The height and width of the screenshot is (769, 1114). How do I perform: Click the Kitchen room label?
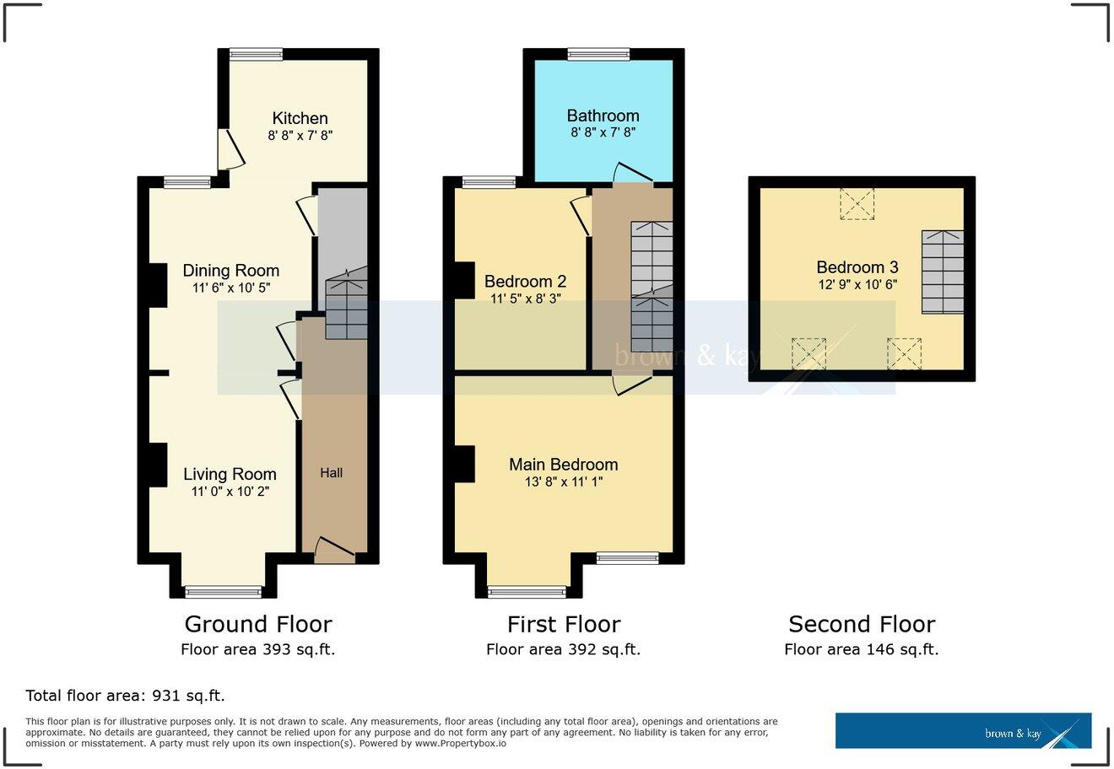300,118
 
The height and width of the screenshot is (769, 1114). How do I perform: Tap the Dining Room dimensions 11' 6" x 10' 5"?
231,288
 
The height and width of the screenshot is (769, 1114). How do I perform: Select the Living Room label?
230,474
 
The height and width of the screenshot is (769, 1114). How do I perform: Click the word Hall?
332,473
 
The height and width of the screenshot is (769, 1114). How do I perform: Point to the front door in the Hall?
334,551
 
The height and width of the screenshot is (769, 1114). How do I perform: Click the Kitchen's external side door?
229,150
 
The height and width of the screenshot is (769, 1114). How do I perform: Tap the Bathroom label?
603,116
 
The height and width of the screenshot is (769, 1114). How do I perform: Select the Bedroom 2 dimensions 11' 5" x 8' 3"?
525,298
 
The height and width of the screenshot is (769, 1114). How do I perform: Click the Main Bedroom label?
563,464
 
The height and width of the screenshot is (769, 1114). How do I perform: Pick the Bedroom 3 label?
857,267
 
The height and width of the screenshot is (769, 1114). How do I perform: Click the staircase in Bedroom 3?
942,271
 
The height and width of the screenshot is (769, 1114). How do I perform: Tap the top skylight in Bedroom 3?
857,204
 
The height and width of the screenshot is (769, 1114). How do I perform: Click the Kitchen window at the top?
256,53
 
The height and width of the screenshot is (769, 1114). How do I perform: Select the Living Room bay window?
224,592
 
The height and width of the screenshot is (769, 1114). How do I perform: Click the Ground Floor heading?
257,624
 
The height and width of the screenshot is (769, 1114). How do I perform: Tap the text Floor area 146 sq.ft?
861,649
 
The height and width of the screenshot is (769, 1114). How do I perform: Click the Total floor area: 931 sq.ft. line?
125,696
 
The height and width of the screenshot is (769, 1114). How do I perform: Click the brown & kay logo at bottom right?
963,731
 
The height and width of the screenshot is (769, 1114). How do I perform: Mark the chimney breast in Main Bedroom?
463,464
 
